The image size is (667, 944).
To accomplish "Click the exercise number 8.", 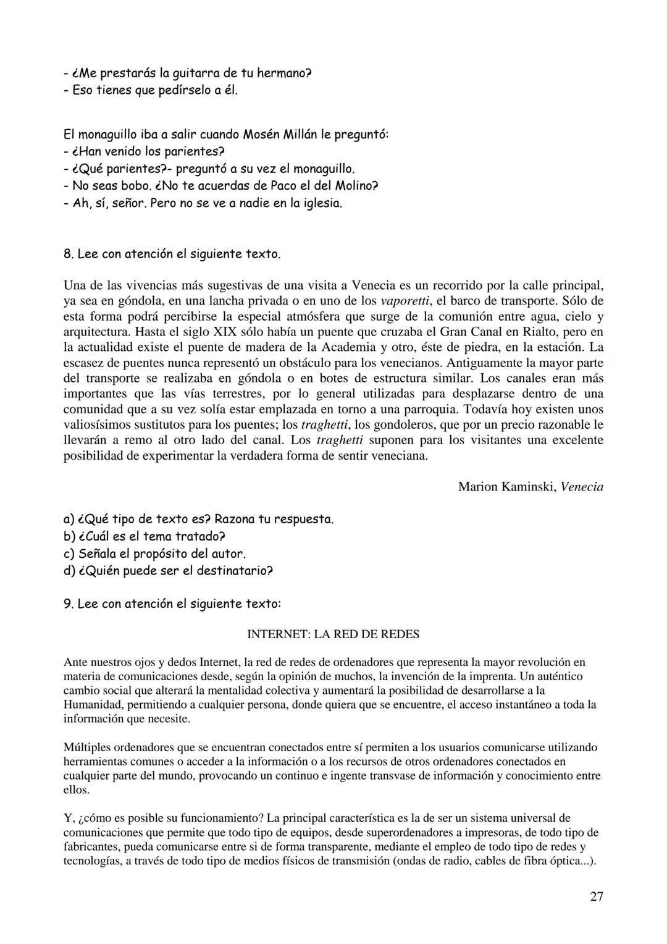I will pyautogui.click(x=67, y=254).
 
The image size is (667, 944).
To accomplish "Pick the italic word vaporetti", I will pyautogui.click(x=405, y=301).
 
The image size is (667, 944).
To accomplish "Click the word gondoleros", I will pyautogui.click(x=392, y=424).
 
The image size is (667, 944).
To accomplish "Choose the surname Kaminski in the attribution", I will pyautogui.click(x=525, y=487).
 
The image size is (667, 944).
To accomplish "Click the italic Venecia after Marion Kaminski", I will pyautogui.click(x=582, y=487).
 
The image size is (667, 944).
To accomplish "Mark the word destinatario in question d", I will pyautogui.click(x=234, y=571).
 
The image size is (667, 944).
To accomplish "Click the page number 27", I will pyautogui.click(x=596, y=896).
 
